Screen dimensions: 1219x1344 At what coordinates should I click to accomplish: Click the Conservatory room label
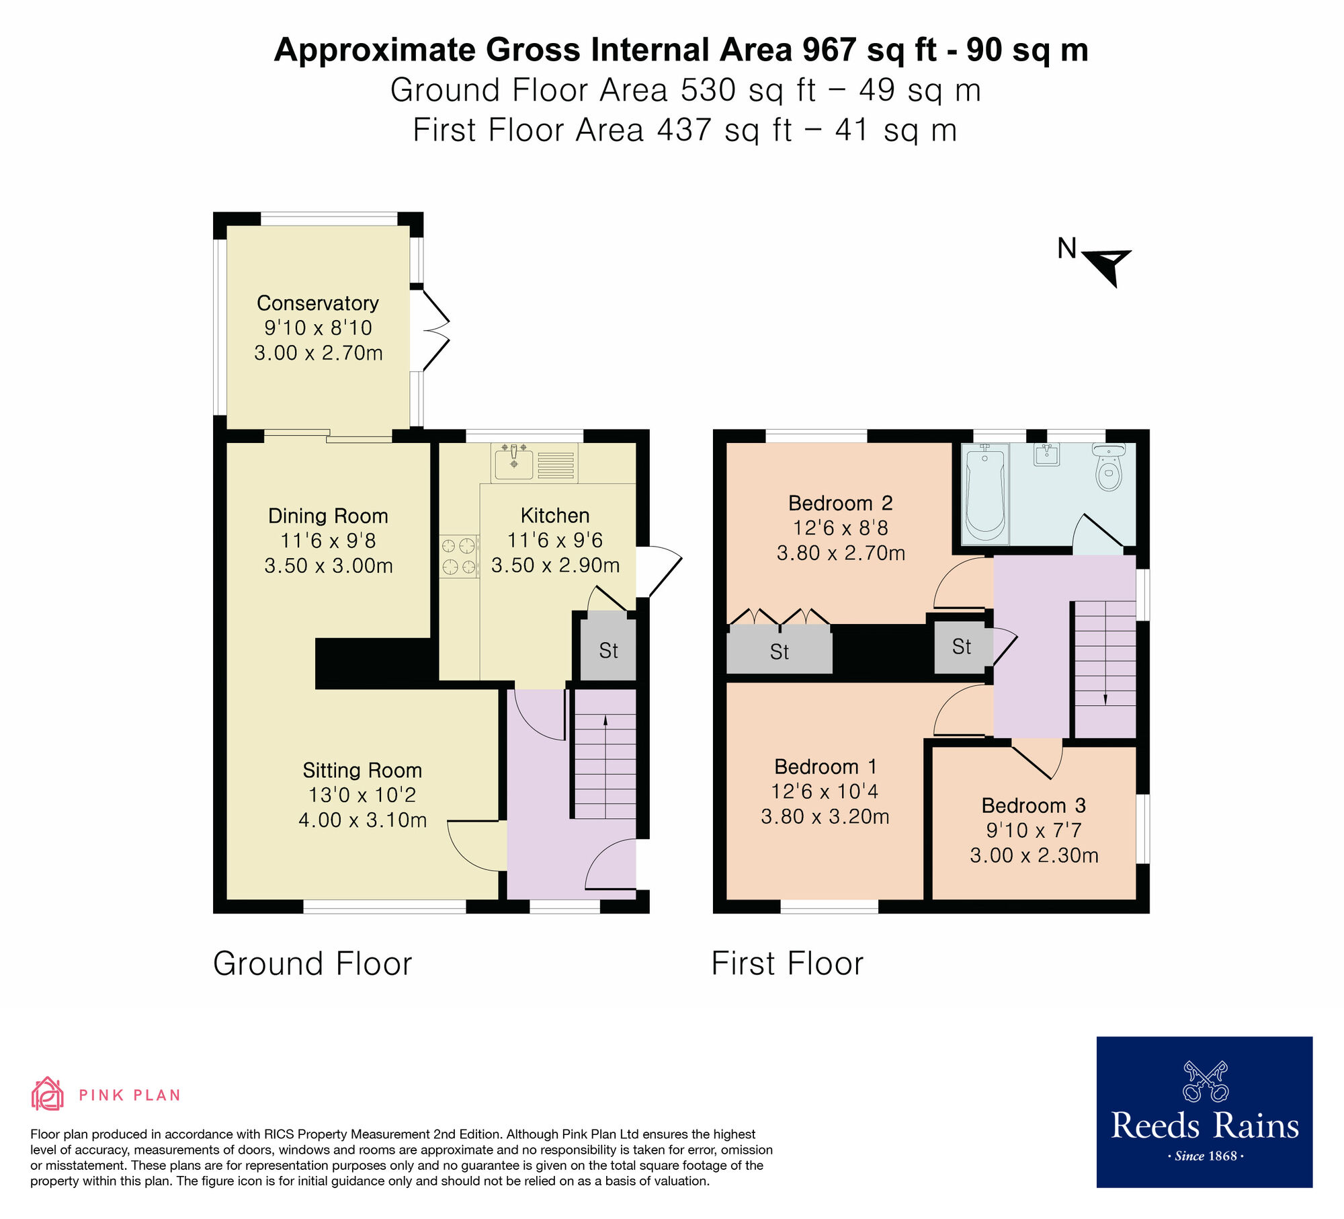click(317, 303)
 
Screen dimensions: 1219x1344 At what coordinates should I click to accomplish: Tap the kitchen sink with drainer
click(534, 463)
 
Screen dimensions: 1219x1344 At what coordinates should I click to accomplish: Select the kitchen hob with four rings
click(459, 556)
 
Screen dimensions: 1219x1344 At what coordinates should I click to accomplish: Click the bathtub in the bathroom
click(985, 494)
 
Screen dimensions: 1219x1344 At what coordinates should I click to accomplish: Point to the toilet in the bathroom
click(1109, 467)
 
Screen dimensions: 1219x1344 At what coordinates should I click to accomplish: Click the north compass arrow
click(1107, 264)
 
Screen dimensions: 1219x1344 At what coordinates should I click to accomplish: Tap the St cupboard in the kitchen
click(608, 650)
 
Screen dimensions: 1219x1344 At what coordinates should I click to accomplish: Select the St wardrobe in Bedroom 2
click(780, 650)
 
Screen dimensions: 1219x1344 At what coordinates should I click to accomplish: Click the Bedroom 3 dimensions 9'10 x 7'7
click(1034, 830)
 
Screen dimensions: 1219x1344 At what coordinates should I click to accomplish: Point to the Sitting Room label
click(362, 770)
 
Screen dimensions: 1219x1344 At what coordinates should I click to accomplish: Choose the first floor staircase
click(1105, 669)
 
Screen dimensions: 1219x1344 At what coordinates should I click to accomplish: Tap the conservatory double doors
click(430, 329)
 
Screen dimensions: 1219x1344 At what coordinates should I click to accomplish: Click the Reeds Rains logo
click(1204, 1111)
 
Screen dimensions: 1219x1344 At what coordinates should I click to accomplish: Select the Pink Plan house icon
click(47, 1094)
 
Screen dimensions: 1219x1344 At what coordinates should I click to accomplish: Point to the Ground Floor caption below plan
click(312, 964)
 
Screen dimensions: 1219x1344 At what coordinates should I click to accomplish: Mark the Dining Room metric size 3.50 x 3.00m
click(328, 565)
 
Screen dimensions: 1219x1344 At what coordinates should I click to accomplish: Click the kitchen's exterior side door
click(659, 572)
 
